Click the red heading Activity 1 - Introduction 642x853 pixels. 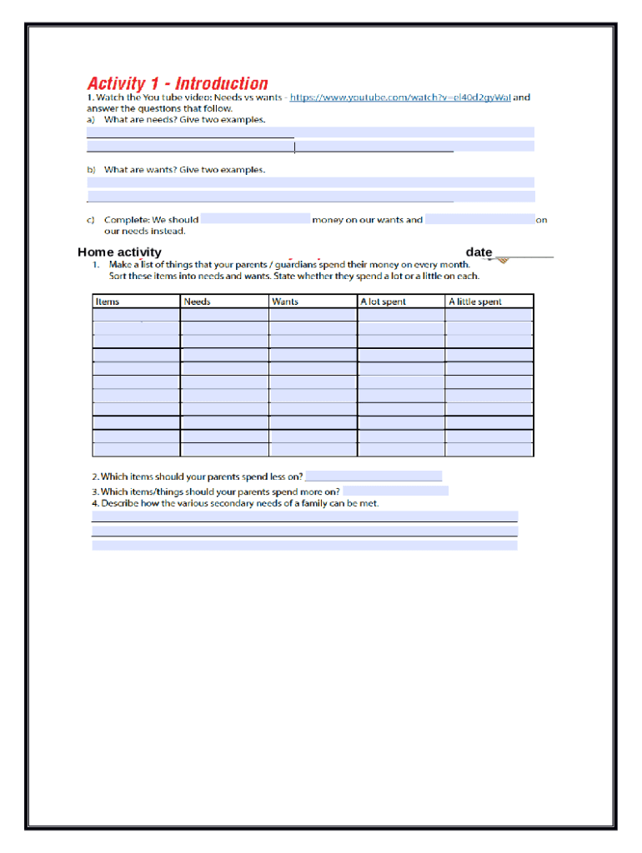tap(178, 83)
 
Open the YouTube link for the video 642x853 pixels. tap(399, 97)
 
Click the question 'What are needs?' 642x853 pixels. tap(184, 119)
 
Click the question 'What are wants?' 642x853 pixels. tap(184, 169)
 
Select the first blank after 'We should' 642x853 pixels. tap(255, 220)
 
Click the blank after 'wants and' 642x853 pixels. tap(479, 220)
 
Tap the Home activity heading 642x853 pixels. tap(119, 252)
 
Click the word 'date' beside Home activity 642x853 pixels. tap(479, 252)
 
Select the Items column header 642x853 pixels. tap(108, 302)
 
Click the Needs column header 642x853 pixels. tap(197, 302)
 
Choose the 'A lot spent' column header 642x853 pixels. tap(382, 302)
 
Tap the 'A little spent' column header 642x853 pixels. tap(475, 302)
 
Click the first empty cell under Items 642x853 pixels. tap(136, 315)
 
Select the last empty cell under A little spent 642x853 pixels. tap(489, 450)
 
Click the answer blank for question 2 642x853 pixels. tap(374, 476)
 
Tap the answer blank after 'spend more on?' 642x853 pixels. tap(395, 491)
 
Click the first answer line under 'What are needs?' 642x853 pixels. tap(310, 132)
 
